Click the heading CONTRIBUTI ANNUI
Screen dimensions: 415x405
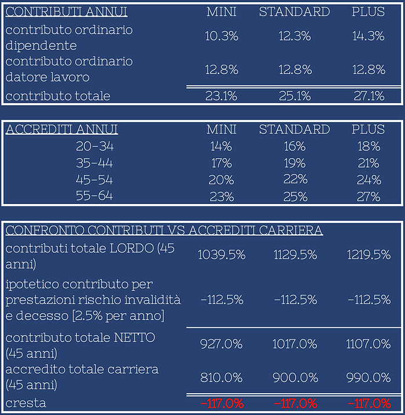pyautogui.click(x=67, y=12)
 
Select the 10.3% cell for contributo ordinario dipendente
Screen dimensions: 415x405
pyautogui.click(x=222, y=36)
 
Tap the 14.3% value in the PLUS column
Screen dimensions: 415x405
pyautogui.click(x=369, y=36)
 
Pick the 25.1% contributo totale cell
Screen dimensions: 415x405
pyautogui.click(x=294, y=96)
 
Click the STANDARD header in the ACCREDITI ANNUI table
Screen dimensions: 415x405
pyautogui.click(x=294, y=129)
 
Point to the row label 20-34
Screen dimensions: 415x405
pyautogui.click(x=94, y=146)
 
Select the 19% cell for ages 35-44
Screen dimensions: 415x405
pyautogui.click(x=294, y=163)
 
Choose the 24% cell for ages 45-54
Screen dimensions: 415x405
pyautogui.click(x=369, y=179)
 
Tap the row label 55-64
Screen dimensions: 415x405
pyautogui.click(x=94, y=196)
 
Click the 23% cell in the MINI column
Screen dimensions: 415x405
pyautogui.click(x=222, y=197)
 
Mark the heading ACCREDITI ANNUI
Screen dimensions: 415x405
pyautogui.click(x=62, y=129)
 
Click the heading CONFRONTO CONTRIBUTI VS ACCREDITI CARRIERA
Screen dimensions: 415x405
pyautogui.click(x=164, y=231)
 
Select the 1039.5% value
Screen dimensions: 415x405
pyautogui.click(x=222, y=255)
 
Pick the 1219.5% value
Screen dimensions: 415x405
pyautogui.click(x=369, y=255)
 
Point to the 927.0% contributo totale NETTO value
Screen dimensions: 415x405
pyautogui.click(x=222, y=344)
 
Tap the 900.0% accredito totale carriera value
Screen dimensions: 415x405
pyautogui.click(x=294, y=377)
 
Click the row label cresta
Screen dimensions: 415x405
pyautogui.click(x=25, y=402)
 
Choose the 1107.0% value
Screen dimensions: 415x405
pyautogui.click(x=369, y=344)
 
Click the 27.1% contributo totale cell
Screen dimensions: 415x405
pyautogui.click(x=369, y=96)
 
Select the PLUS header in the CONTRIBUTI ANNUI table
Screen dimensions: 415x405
pyautogui.click(x=369, y=12)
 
